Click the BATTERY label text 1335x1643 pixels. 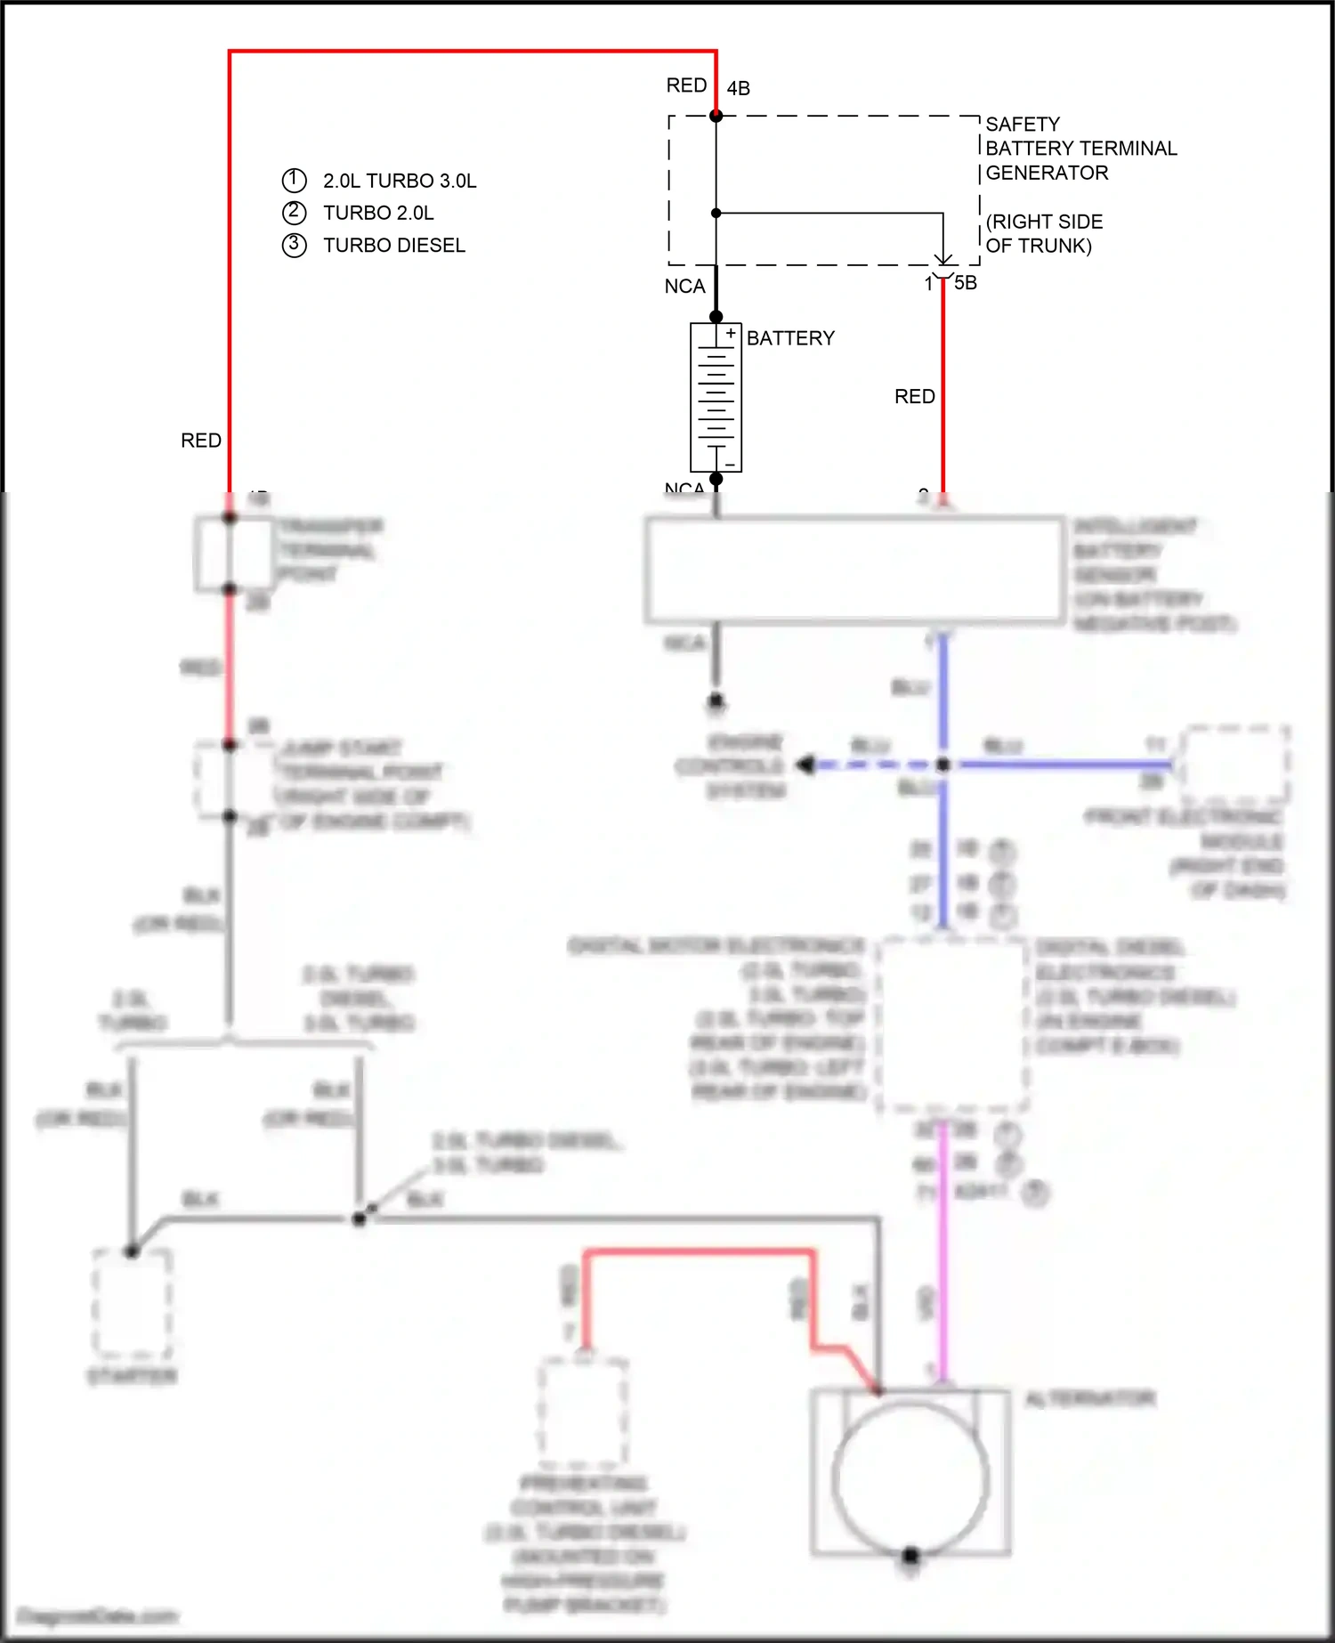click(x=790, y=338)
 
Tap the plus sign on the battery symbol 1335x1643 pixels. click(x=731, y=334)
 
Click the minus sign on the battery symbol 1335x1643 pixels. click(x=730, y=465)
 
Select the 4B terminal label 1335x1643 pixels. click(x=738, y=88)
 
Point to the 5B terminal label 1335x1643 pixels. click(x=966, y=283)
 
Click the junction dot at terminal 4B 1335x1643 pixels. click(x=716, y=116)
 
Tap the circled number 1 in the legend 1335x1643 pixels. click(x=294, y=180)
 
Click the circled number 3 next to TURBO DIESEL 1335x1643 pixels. click(x=294, y=245)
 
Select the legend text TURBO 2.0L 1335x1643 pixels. click(x=378, y=213)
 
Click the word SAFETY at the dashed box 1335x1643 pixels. click(x=1023, y=124)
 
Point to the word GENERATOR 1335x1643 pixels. click(x=1047, y=173)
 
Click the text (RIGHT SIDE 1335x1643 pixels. click(x=1044, y=222)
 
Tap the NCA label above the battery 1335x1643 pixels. click(x=684, y=287)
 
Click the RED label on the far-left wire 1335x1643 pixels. click(x=201, y=441)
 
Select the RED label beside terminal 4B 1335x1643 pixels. click(x=686, y=85)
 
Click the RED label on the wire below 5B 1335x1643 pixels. click(x=914, y=396)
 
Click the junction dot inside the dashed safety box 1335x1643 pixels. click(x=716, y=214)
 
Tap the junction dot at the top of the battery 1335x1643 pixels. click(x=716, y=317)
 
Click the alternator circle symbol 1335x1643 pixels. click(x=910, y=1479)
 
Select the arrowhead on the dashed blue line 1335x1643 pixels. click(x=805, y=765)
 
